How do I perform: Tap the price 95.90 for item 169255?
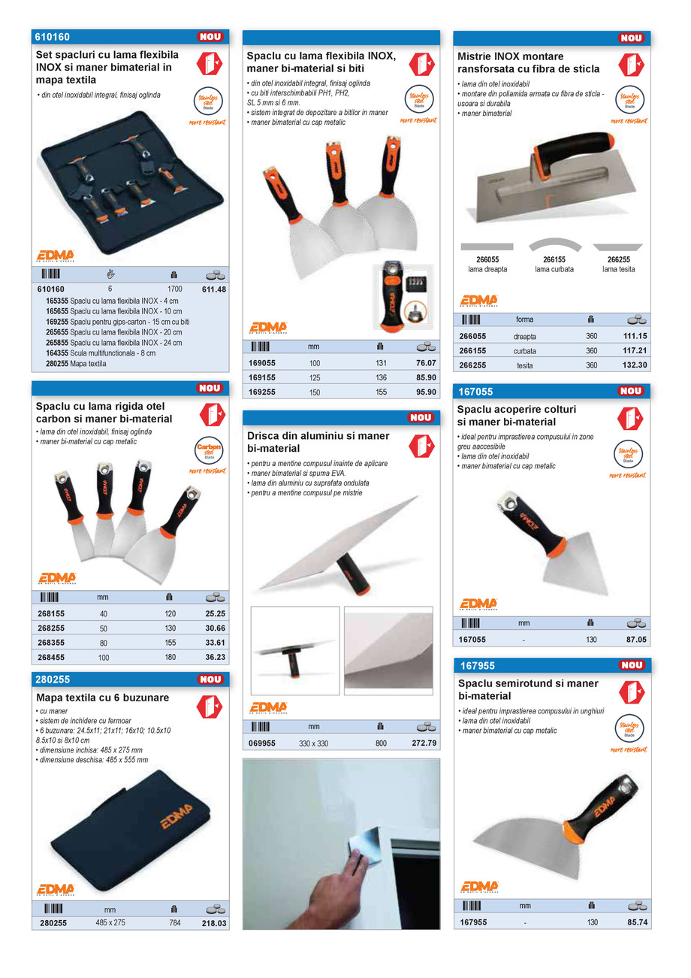click(x=425, y=392)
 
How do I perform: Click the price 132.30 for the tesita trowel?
click(x=635, y=365)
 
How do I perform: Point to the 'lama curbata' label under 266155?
click(x=554, y=269)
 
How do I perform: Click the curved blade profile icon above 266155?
click(x=555, y=245)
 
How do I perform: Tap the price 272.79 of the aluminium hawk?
click(x=424, y=743)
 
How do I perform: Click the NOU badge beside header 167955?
click(x=631, y=665)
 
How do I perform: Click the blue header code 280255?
click(x=53, y=679)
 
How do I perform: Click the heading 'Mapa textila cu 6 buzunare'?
click(x=103, y=698)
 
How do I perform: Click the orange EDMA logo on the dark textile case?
click(x=176, y=816)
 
